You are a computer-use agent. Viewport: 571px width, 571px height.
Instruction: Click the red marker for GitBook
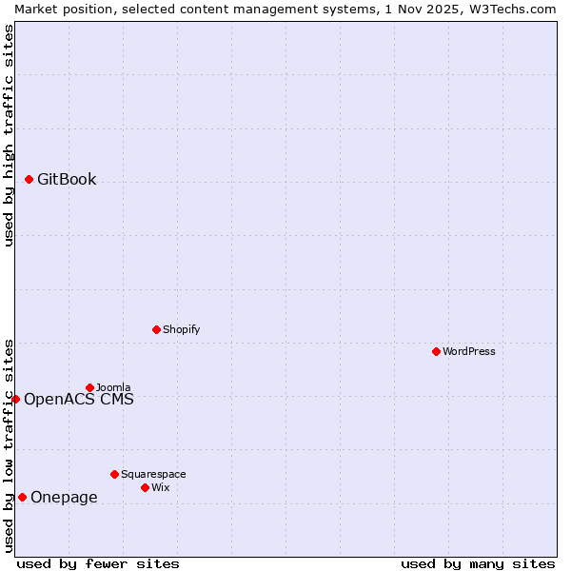[29, 179]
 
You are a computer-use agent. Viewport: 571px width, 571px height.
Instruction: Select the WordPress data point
[436, 351]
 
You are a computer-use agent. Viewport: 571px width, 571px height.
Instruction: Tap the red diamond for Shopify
[156, 329]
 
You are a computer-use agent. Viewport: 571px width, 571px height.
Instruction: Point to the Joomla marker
[89, 387]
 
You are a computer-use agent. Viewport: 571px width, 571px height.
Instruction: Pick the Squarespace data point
[114, 474]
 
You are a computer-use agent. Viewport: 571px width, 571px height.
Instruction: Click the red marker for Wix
[145, 487]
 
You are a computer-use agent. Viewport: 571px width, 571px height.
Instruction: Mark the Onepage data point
[22, 497]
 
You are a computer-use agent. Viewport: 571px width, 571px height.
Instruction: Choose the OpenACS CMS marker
[15, 399]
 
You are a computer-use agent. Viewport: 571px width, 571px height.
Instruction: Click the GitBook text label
[67, 179]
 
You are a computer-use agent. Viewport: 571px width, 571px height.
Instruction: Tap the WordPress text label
[469, 351]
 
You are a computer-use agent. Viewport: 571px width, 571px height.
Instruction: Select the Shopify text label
[181, 329]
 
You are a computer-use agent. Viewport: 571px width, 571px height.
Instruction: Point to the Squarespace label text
[153, 474]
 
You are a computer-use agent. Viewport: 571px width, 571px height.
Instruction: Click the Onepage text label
[64, 497]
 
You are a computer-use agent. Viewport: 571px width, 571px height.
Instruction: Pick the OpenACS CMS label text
[79, 399]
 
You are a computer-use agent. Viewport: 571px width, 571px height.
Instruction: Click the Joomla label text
[113, 387]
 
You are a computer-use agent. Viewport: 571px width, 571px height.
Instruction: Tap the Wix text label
[161, 487]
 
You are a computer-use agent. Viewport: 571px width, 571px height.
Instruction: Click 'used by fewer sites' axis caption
[98, 563]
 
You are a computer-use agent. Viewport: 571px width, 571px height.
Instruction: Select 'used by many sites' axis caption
[478, 563]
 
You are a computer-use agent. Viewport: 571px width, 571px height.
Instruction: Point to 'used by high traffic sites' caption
[9, 135]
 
